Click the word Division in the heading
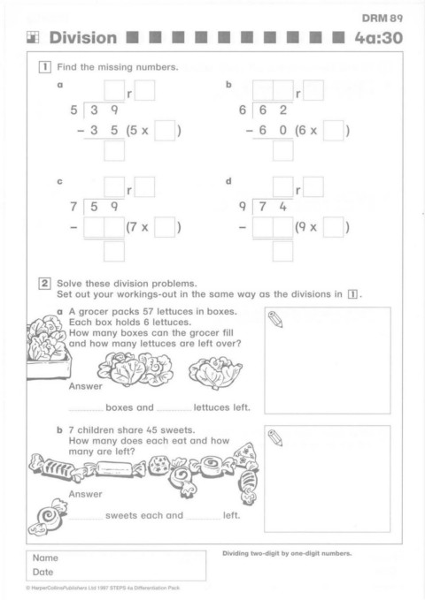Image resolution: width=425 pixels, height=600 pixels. click(x=83, y=37)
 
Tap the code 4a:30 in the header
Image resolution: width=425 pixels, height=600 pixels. click(x=379, y=37)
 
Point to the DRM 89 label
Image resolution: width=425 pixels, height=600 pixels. click(x=382, y=18)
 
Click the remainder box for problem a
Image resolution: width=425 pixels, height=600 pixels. click(x=144, y=90)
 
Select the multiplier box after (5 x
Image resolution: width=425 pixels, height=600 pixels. click(x=165, y=131)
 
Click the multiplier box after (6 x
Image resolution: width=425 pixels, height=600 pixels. click(x=333, y=131)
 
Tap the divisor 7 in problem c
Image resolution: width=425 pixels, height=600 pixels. click(x=73, y=207)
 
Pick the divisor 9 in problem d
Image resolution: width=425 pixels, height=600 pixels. click(x=243, y=207)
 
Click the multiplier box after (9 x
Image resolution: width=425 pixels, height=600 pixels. click(x=333, y=227)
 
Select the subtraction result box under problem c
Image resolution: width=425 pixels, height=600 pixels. click(x=114, y=251)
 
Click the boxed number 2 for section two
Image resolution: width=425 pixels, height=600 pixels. click(x=44, y=284)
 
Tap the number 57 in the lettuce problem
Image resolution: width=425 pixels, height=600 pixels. click(x=148, y=311)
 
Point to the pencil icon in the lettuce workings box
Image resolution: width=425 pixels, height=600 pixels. click(x=275, y=320)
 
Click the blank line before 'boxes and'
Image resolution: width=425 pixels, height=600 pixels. click(x=86, y=410)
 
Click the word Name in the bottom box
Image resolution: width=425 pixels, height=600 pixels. click(x=45, y=558)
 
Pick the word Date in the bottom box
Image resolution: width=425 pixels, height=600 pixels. click(x=42, y=572)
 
